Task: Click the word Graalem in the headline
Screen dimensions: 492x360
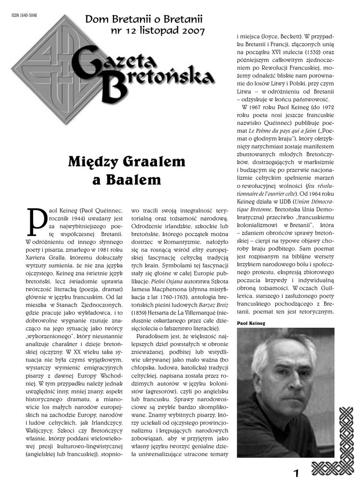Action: (x=136, y=161)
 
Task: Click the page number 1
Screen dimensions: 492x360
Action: (x=296, y=473)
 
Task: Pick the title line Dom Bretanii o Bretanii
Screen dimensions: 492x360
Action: (x=144, y=20)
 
